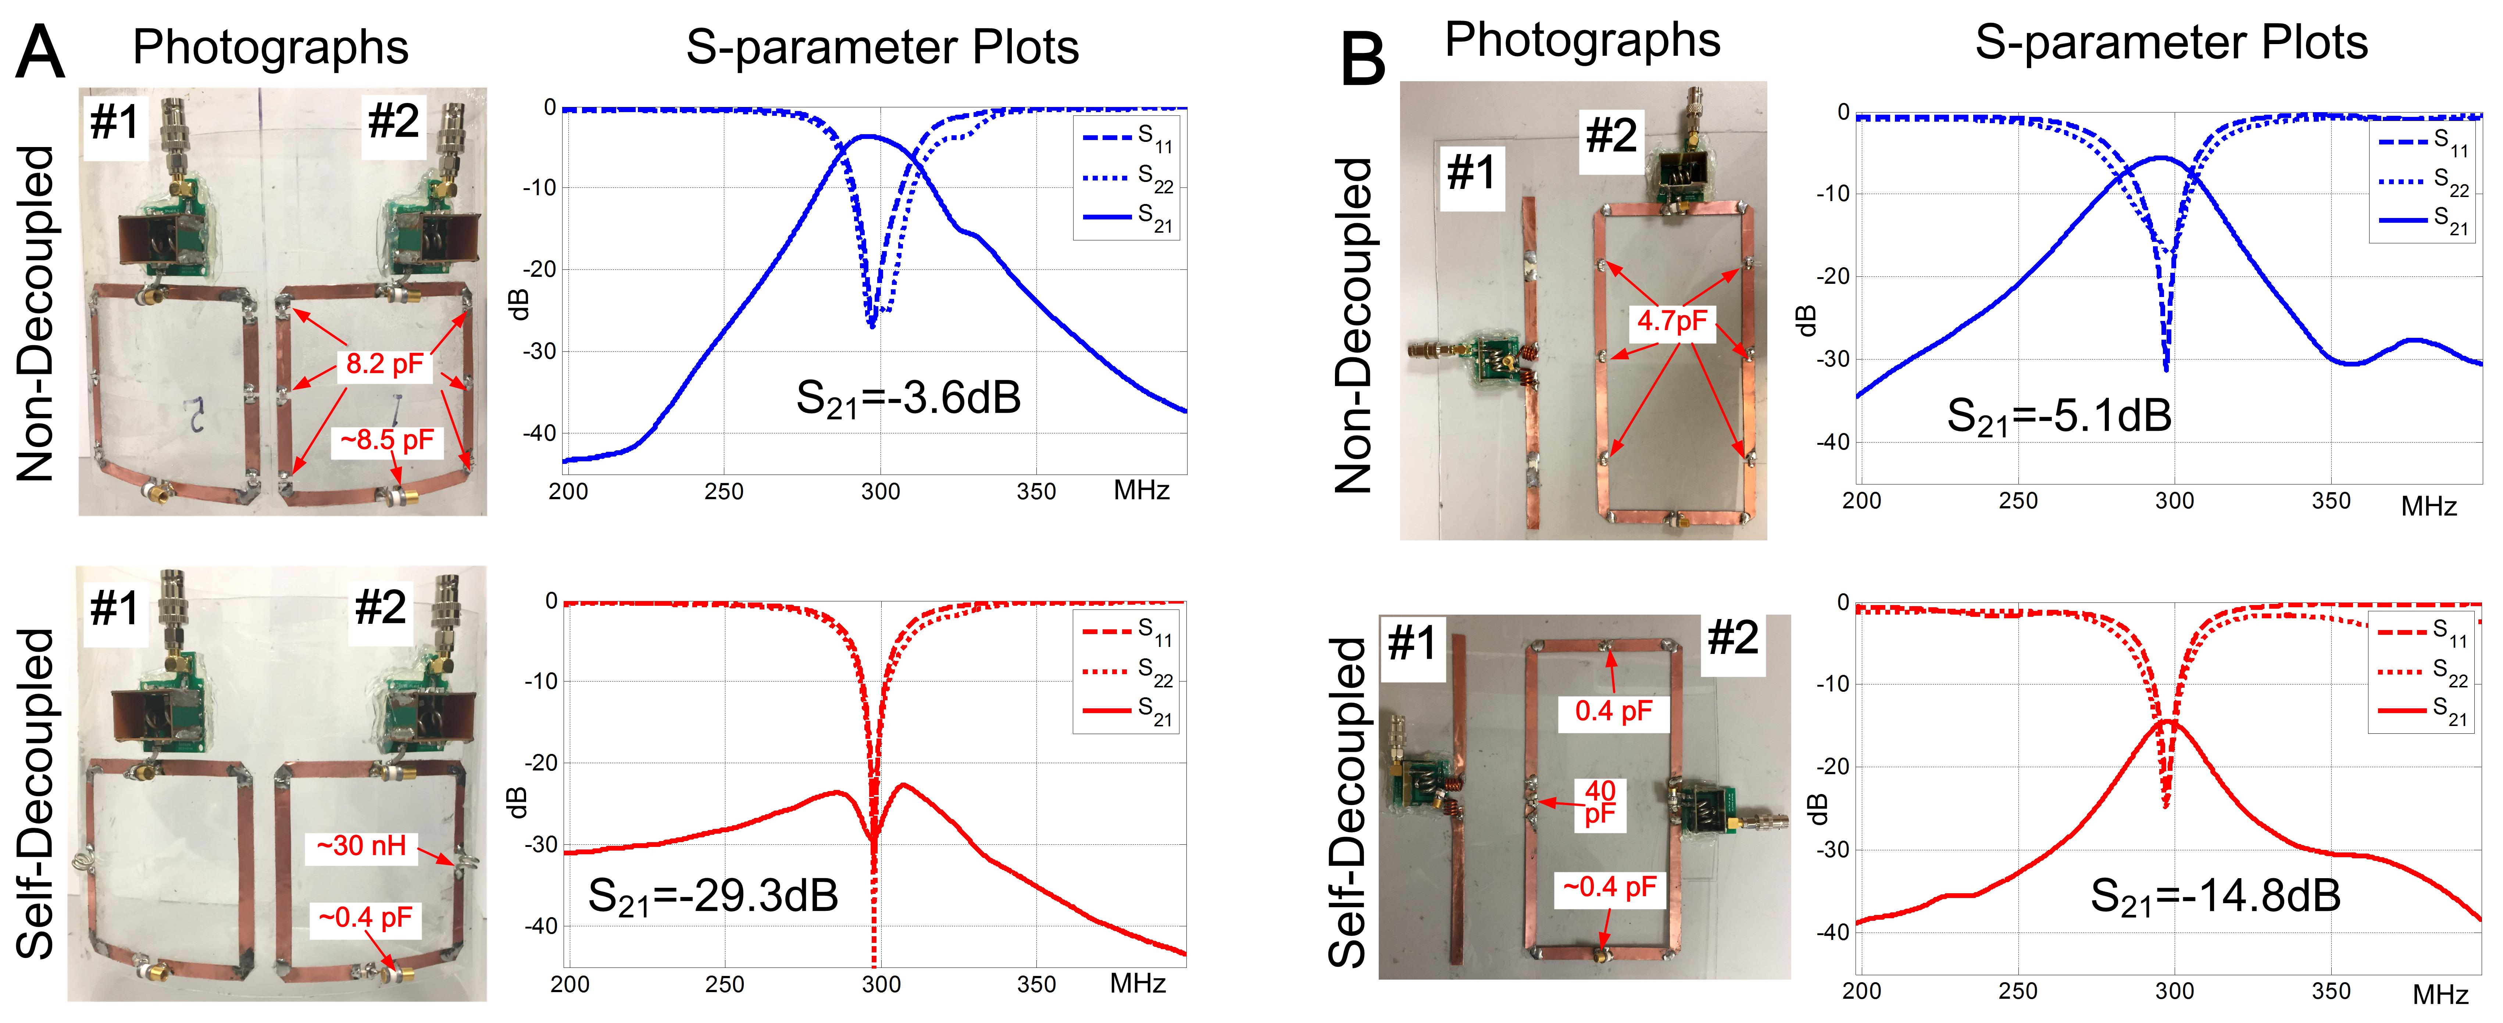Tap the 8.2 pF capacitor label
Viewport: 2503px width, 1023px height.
point(385,364)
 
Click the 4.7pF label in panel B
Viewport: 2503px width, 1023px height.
point(1671,321)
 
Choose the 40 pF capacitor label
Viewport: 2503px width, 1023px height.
point(1599,802)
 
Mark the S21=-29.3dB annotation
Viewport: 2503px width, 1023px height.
point(712,896)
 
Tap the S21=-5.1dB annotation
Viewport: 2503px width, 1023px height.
point(2058,416)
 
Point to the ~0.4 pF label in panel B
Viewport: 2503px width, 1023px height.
point(1609,887)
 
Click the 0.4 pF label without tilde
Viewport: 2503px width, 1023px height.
point(1613,711)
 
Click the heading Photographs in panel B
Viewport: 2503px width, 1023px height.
point(1582,41)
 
